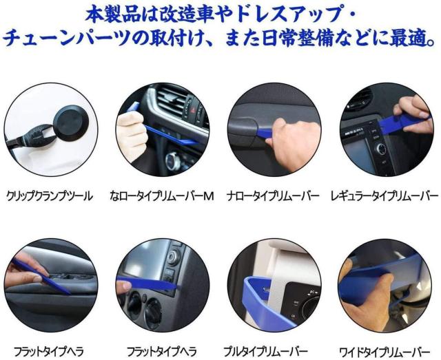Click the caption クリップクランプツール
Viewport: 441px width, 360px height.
(x=50, y=196)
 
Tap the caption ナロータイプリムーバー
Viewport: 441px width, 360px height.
(x=273, y=196)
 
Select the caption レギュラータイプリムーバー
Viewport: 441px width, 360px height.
(x=384, y=196)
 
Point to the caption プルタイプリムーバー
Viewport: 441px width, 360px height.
(x=265, y=351)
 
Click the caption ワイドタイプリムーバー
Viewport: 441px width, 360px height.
(x=384, y=351)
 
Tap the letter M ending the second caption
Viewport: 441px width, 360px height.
(x=208, y=196)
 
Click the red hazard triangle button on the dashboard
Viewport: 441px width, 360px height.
(x=193, y=111)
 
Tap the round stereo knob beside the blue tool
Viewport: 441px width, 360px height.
(x=380, y=148)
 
